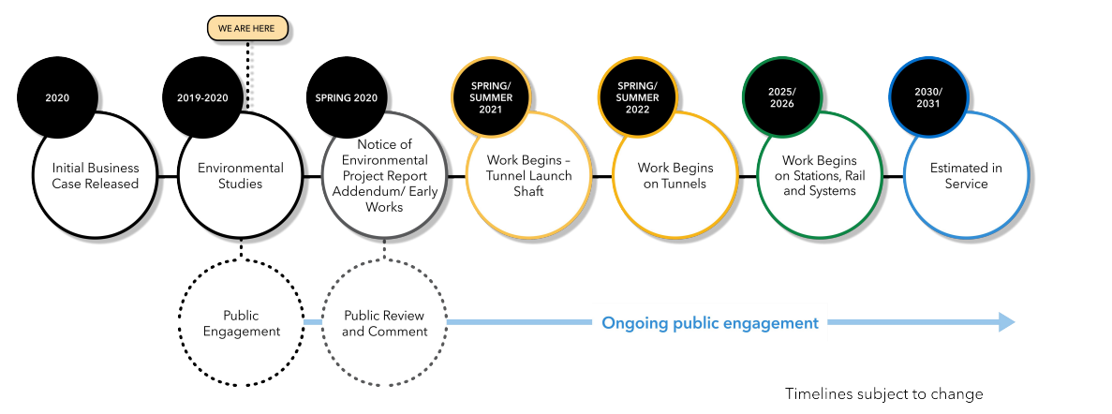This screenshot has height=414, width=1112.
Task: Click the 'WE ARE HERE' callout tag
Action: coord(246,28)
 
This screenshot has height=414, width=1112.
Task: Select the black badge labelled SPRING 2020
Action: coord(347,97)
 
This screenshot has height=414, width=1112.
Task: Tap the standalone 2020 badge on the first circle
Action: coord(57,97)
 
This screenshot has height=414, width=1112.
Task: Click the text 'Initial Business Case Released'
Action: coord(95,176)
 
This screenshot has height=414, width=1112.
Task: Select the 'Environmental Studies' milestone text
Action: coord(241,176)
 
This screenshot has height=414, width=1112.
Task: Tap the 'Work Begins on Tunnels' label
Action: coord(675,176)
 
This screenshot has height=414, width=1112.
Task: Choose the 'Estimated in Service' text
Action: coord(966,176)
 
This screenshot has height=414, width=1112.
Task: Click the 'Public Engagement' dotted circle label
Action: coord(241,323)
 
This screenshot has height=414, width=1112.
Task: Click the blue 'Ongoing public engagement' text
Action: coord(710,323)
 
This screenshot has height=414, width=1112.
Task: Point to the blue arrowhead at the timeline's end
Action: coord(1006,323)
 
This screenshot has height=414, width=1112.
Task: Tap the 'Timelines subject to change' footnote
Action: coord(883,394)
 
